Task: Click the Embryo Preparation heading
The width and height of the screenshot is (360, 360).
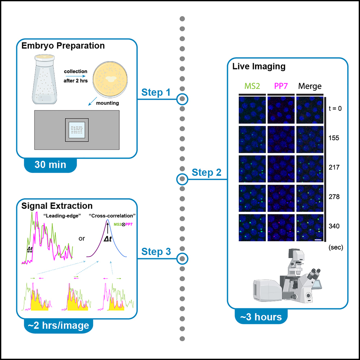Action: tap(63, 46)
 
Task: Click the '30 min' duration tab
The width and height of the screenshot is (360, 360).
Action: tap(50, 165)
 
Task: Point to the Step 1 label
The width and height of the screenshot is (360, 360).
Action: tap(156, 93)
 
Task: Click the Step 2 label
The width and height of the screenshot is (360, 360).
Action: tap(206, 172)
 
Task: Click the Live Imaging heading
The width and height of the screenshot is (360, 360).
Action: tap(258, 67)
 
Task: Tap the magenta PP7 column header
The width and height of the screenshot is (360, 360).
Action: tap(280, 86)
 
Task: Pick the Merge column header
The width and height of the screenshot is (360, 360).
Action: tap(310, 86)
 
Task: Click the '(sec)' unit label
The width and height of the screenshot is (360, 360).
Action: tap(335, 248)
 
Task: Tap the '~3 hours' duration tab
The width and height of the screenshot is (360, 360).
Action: tap(261, 317)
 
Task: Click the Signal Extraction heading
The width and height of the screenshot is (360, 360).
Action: tap(57, 206)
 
